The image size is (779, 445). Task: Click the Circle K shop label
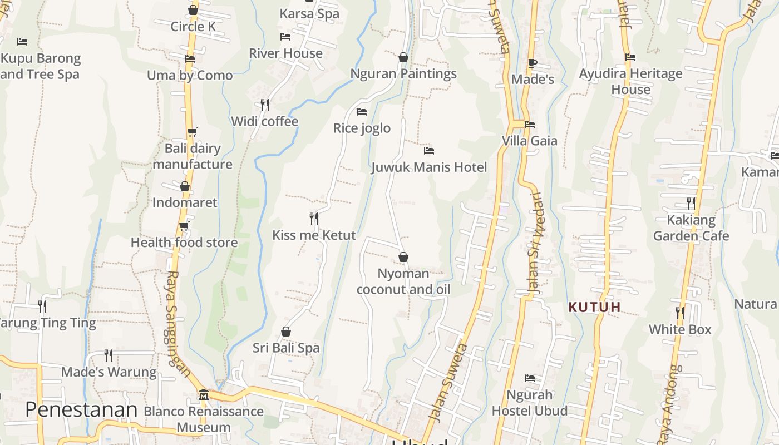pyautogui.click(x=193, y=26)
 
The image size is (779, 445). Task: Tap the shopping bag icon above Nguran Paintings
pyautogui.click(x=403, y=57)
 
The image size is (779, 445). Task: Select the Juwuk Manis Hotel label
pyautogui.click(x=429, y=167)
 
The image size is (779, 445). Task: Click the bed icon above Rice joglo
pyautogui.click(x=362, y=112)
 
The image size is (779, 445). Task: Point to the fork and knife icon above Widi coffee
pyautogui.click(x=265, y=105)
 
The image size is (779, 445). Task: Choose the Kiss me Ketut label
pyautogui.click(x=314, y=235)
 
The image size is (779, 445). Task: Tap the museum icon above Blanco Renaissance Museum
pyautogui.click(x=204, y=394)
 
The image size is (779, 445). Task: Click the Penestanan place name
pyautogui.click(x=81, y=409)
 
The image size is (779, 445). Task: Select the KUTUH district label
pyautogui.click(x=594, y=306)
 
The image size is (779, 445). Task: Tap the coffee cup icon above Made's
pyautogui.click(x=533, y=63)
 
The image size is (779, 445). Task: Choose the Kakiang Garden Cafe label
pyautogui.click(x=691, y=228)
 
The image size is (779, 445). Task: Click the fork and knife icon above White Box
pyautogui.click(x=680, y=313)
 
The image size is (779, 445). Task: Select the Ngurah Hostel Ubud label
pyautogui.click(x=530, y=403)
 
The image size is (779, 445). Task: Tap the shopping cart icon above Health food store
pyautogui.click(x=184, y=226)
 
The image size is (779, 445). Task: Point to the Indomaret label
pyautogui.click(x=185, y=202)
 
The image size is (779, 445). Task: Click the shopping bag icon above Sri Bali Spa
pyautogui.click(x=286, y=332)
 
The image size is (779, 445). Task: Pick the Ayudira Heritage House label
pyautogui.click(x=630, y=81)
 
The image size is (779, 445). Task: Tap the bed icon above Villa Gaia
pyautogui.click(x=530, y=125)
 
